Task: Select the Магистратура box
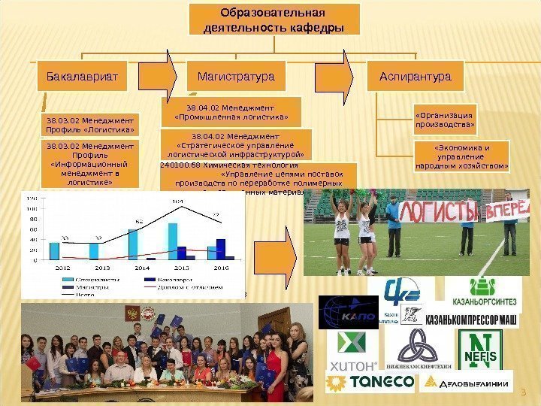(235, 77)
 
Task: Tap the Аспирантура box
(416, 77)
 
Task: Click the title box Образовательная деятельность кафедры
(274, 22)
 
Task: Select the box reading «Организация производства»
(444, 120)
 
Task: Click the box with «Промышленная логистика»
(231, 111)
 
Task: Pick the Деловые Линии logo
(466, 382)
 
